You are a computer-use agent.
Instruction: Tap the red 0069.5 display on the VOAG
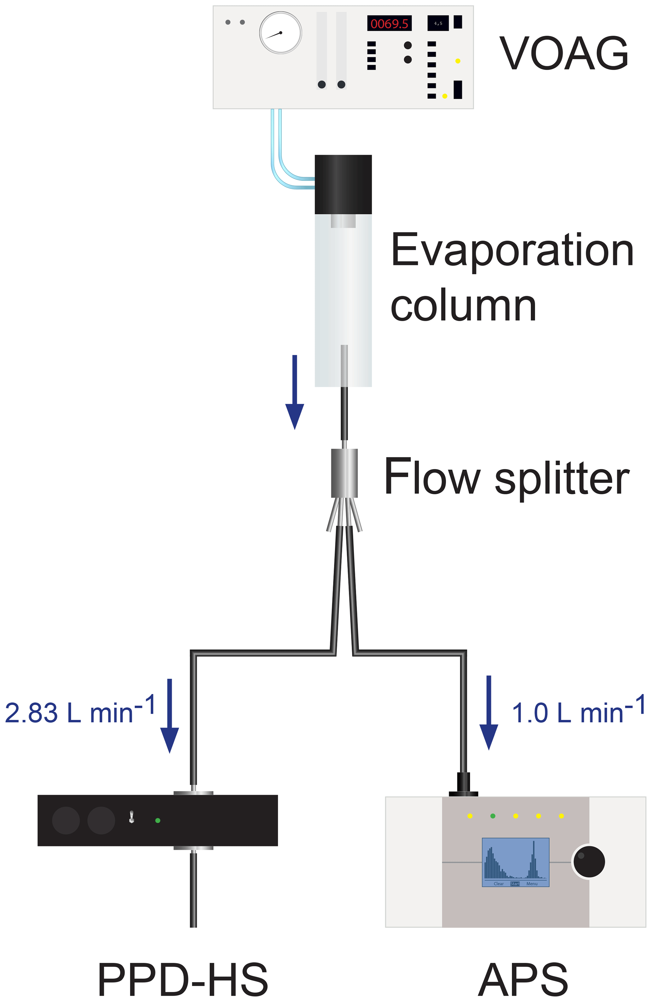pyautogui.click(x=389, y=24)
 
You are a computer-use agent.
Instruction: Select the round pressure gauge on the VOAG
pyautogui.click(x=280, y=33)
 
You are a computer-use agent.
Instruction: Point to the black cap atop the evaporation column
pyautogui.click(x=343, y=185)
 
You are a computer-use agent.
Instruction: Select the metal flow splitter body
pyautogui.click(x=344, y=473)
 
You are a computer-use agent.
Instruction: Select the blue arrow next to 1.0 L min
pyautogui.click(x=489, y=712)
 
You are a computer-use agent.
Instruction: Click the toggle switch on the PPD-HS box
pyautogui.click(x=132, y=817)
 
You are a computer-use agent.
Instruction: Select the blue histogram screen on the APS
pyautogui.click(x=515, y=861)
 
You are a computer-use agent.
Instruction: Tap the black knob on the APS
pyautogui.click(x=589, y=862)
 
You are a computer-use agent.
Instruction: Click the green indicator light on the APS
pyautogui.click(x=493, y=816)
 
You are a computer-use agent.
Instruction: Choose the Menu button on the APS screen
pyautogui.click(x=532, y=884)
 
